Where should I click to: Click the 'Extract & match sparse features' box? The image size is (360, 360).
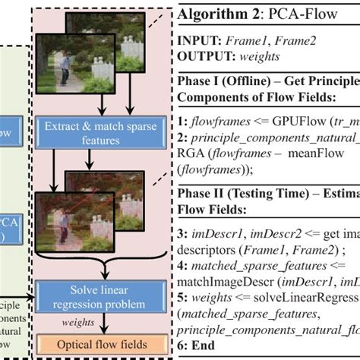point(94,131)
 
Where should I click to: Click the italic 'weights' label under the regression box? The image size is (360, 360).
point(78,321)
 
